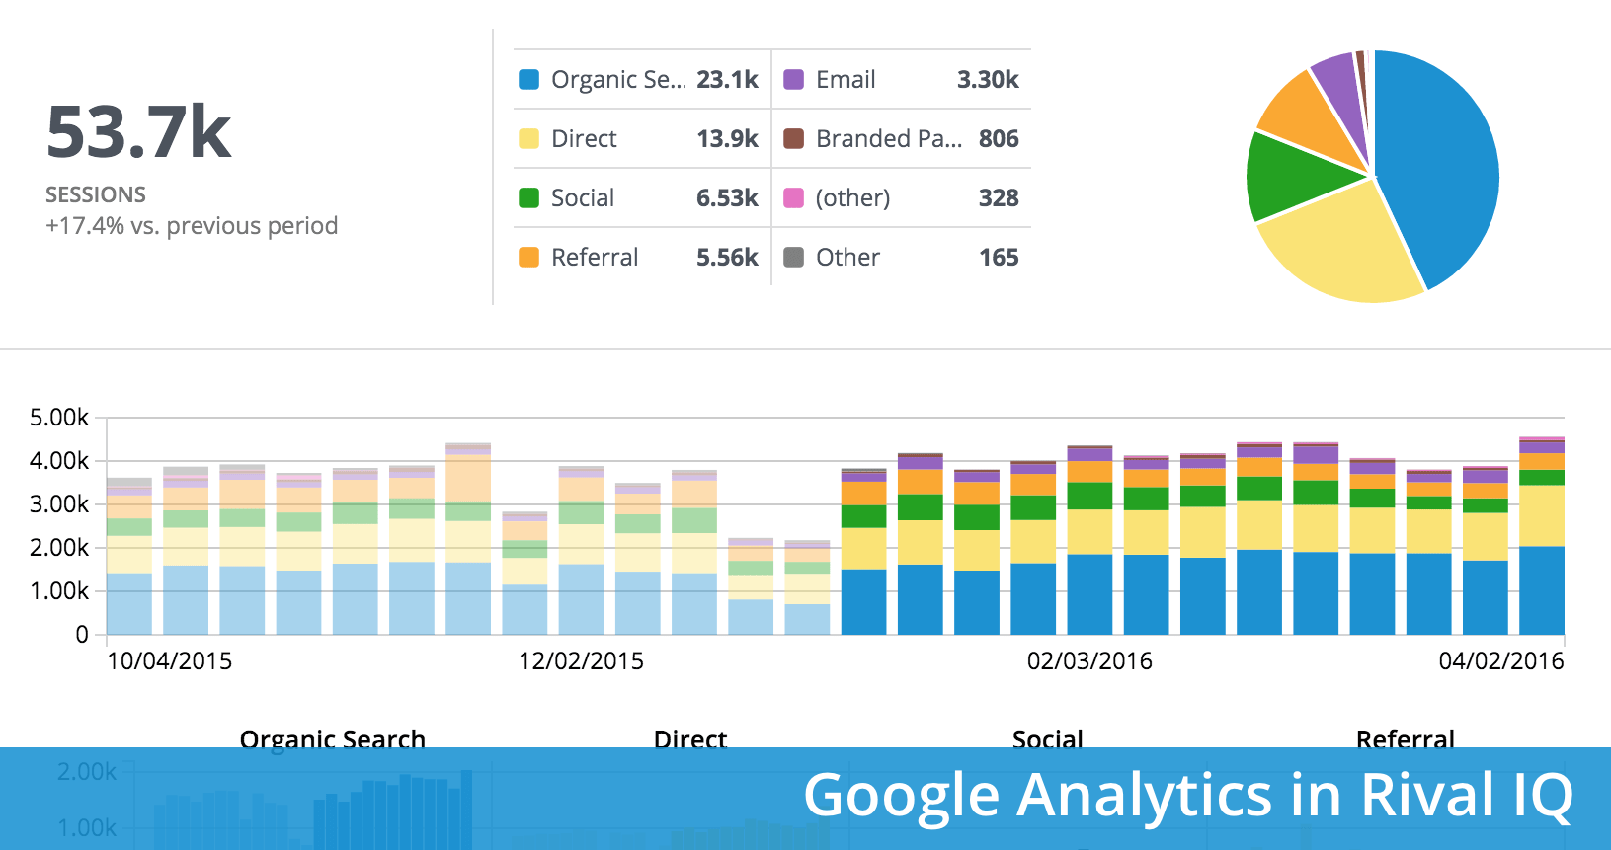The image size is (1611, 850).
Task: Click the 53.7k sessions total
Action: point(138,132)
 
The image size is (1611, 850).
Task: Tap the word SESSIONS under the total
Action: point(96,194)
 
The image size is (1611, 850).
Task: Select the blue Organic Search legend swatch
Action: point(529,79)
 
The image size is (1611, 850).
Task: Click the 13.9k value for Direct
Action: point(727,138)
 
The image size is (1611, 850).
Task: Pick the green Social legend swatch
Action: point(529,197)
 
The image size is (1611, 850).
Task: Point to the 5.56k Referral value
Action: point(727,257)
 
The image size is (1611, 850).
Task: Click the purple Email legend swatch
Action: point(793,79)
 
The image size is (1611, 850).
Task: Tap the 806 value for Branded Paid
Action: point(999,138)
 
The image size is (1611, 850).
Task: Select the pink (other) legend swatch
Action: point(793,197)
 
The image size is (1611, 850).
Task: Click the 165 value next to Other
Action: point(999,257)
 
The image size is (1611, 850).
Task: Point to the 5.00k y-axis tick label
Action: point(59,418)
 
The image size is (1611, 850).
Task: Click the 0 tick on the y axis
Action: point(82,635)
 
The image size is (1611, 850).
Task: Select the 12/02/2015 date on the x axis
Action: point(581,661)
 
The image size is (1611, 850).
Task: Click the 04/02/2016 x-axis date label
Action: point(1501,661)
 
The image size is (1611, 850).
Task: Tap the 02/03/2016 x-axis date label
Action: point(1089,661)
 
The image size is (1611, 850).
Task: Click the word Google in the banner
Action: point(901,796)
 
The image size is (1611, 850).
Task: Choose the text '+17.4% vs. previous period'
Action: point(192,226)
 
